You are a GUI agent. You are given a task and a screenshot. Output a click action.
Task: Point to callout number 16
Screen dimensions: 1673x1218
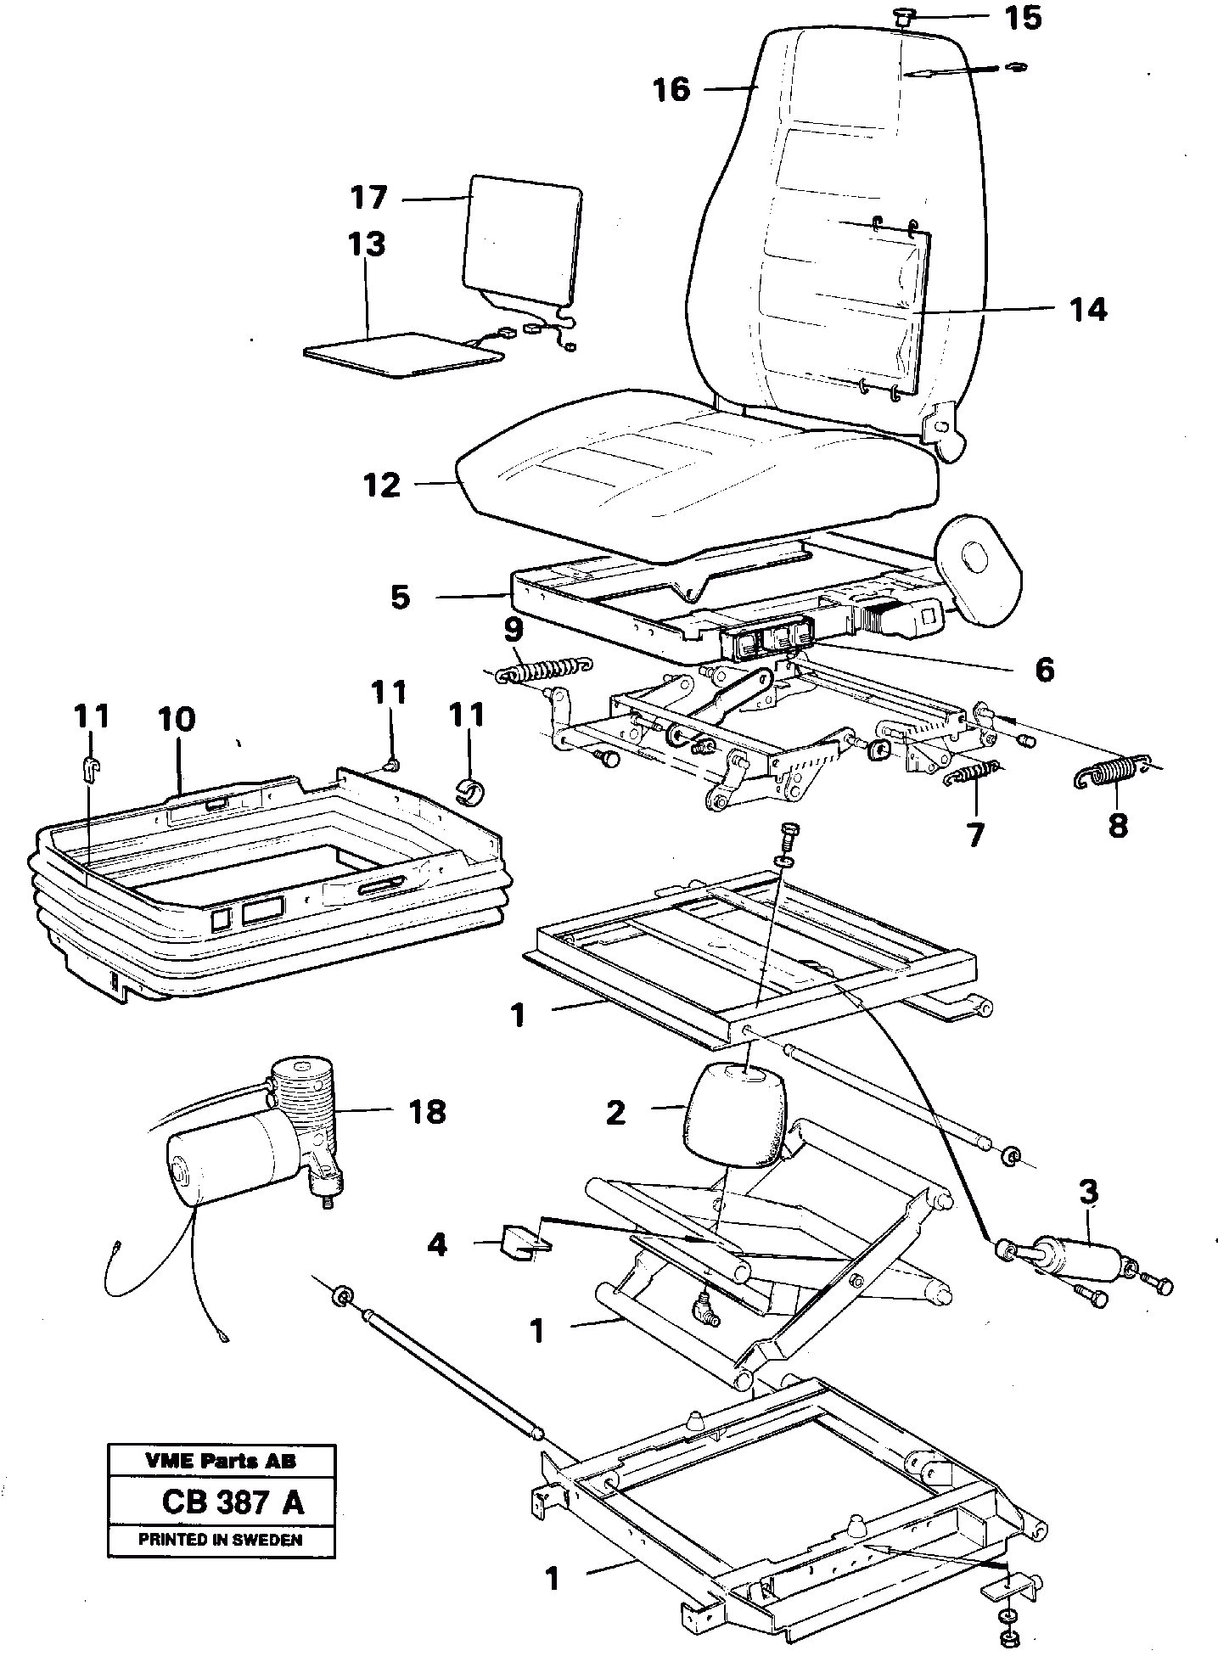tap(671, 88)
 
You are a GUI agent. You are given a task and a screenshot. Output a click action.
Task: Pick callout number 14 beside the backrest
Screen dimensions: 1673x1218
tap(1087, 309)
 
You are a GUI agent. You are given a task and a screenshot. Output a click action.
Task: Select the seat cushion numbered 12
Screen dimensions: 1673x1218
tap(696, 475)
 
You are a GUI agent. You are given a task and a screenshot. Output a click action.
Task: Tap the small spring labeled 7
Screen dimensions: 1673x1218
tap(972, 773)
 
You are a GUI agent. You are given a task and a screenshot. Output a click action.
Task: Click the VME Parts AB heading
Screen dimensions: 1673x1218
tap(221, 1462)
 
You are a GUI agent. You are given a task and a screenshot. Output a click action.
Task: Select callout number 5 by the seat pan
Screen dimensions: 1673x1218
tap(400, 597)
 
